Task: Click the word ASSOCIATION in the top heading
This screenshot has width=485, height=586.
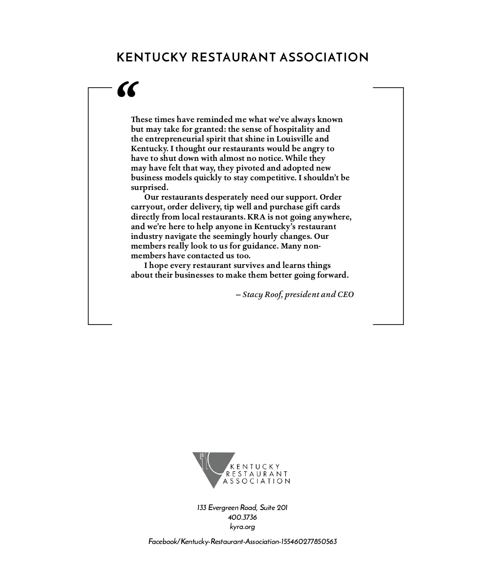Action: click(323, 57)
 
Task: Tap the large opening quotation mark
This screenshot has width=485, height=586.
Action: click(128, 89)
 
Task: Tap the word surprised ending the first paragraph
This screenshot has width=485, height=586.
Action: click(149, 187)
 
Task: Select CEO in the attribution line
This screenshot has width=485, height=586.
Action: click(346, 294)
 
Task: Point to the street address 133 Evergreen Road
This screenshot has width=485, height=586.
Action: click(242, 508)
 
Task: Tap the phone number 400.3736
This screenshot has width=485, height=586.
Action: click(242, 517)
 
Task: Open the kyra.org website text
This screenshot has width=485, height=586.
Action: click(242, 527)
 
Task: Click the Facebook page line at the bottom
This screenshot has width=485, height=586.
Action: click(242, 542)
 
